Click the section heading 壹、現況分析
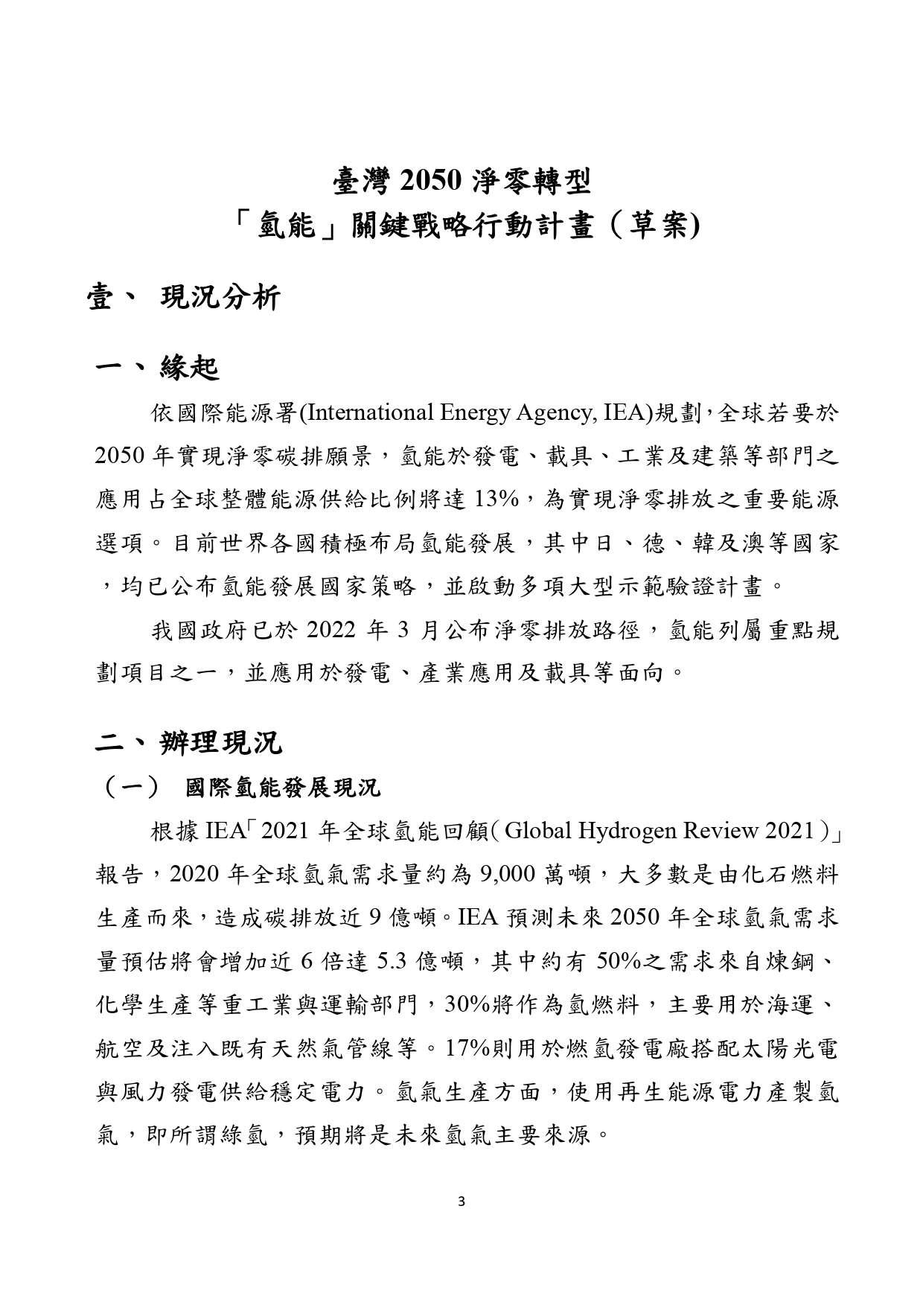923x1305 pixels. [184, 299]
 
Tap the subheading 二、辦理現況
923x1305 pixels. [189, 742]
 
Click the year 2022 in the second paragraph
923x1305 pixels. [329, 631]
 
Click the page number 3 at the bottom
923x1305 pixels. [461, 1201]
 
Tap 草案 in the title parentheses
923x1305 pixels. [658, 226]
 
